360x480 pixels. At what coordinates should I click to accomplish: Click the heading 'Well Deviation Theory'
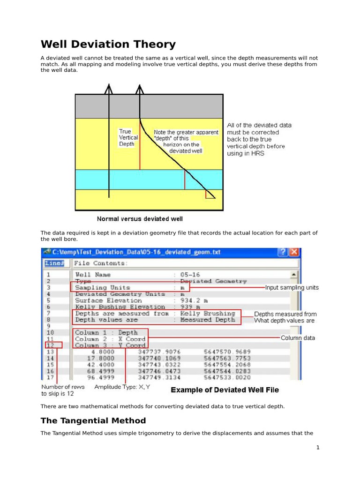click(x=108, y=45)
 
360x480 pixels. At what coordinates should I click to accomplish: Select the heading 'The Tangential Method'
click(x=93, y=420)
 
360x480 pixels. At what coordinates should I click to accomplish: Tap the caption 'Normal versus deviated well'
click(x=140, y=219)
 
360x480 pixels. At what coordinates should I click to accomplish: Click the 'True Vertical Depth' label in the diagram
click(x=128, y=138)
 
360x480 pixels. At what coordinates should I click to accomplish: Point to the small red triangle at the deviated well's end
click(x=210, y=194)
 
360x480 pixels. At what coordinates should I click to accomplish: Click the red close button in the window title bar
click(x=294, y=252)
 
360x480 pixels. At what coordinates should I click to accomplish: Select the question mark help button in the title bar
click(x=283, y=252)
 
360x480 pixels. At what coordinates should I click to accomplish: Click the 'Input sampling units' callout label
click(x=292, y=287)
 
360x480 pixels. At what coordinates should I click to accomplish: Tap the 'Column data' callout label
click(x=298, y=337)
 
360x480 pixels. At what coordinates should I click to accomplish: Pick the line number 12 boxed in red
click(x=50, y=345)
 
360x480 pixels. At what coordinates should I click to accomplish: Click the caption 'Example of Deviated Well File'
click(x=225, y=390)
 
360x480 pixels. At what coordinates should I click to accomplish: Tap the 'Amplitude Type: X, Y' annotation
click(x=122, y=387)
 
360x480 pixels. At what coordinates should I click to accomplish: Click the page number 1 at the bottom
click(x=317, y=448)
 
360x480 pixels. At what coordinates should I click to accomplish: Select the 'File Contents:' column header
click(x=99, y=263)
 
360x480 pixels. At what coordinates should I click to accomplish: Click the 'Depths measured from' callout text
click(x=285, y=314)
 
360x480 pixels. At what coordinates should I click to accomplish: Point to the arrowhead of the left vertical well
click(x=109, y=87)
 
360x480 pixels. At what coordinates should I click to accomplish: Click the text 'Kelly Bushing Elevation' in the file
click(x=120, y=307)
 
